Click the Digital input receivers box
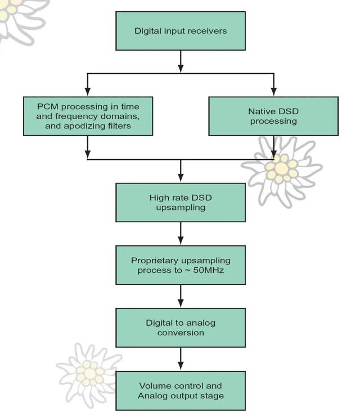click(x=181, y=31)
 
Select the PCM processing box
click(x=88, y=116)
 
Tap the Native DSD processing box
click(x=273, y=116)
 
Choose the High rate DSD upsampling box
click(x=181, y=203)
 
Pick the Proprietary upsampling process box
click(x=181, y=265)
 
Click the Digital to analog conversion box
click(x=181, y=327)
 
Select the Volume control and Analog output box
click(x=181, y=390)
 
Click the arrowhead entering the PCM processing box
click(x=88, y=92)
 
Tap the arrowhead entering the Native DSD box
click(x=273, y=92)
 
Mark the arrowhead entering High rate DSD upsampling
click(x=181, y=179)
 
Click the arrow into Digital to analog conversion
click(x=181, y=304)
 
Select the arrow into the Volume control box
click(x=181, y=367)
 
